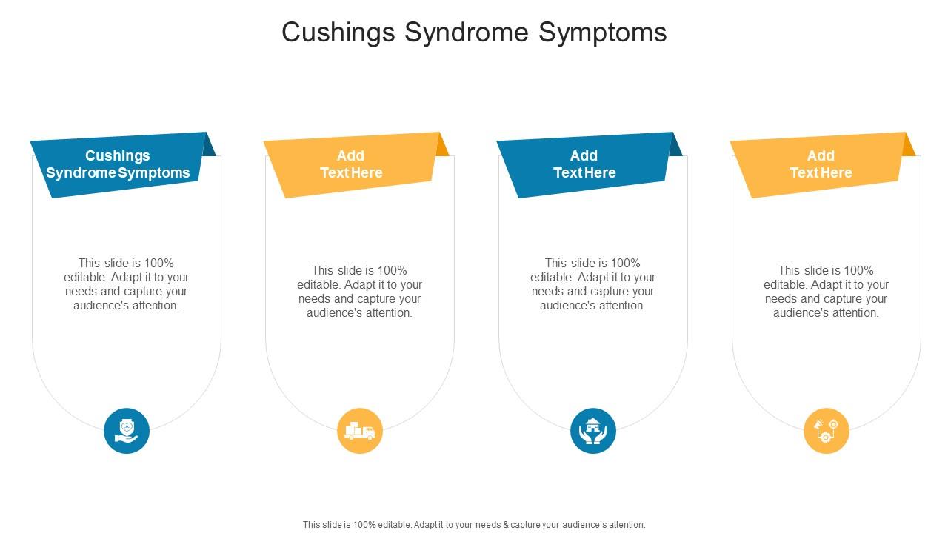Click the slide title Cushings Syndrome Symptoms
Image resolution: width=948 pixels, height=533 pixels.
coord(474,33)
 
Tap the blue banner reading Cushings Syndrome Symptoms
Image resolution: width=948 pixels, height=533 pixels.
coord(118,165)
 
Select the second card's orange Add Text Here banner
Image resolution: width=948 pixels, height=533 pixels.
coord(351,165)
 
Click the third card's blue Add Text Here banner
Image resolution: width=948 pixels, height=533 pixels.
coord(584,165)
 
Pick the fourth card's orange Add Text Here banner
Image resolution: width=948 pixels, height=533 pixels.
coord(821,165)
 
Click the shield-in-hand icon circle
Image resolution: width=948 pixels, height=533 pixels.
coord(127,431)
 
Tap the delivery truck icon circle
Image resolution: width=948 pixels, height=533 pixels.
coord(360,431)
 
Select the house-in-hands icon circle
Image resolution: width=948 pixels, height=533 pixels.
coord(593,431)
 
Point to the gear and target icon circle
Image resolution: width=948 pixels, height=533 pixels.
coord(827,431)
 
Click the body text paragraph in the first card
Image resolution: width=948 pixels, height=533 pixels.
coord(127,284)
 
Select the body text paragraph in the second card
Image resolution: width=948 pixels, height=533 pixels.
coord(360,292)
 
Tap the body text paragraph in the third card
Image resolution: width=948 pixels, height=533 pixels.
coord(593,284)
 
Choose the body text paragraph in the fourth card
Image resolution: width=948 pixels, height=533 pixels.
coord(827,292)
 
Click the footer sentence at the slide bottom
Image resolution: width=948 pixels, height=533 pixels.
coord(474,525)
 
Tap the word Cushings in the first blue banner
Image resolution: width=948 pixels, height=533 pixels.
coord(118,156)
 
